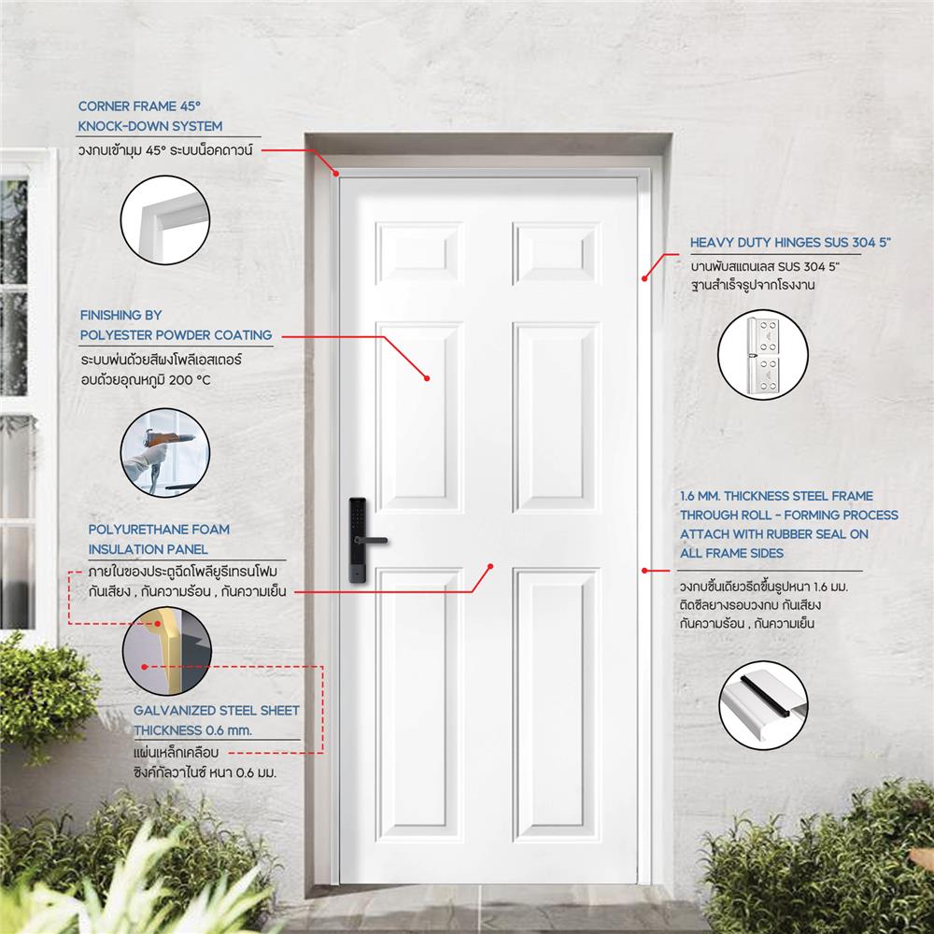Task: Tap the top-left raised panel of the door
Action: click(x=419, y=253)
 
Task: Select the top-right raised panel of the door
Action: click(x=557, y=253)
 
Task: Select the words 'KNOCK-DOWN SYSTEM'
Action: click(x=150, y=125)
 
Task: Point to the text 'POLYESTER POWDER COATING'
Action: click(x=176, y=334)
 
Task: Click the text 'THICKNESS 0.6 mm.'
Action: click(x=193, y=729)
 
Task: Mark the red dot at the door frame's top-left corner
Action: click(x=336, y=172)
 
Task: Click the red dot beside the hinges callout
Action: click(x=644, y=276)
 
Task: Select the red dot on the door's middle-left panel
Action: click(x=426, y=378)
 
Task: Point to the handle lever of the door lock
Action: click(x=377, y=540)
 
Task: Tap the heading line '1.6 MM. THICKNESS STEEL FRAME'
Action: click(x=776, y=496)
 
